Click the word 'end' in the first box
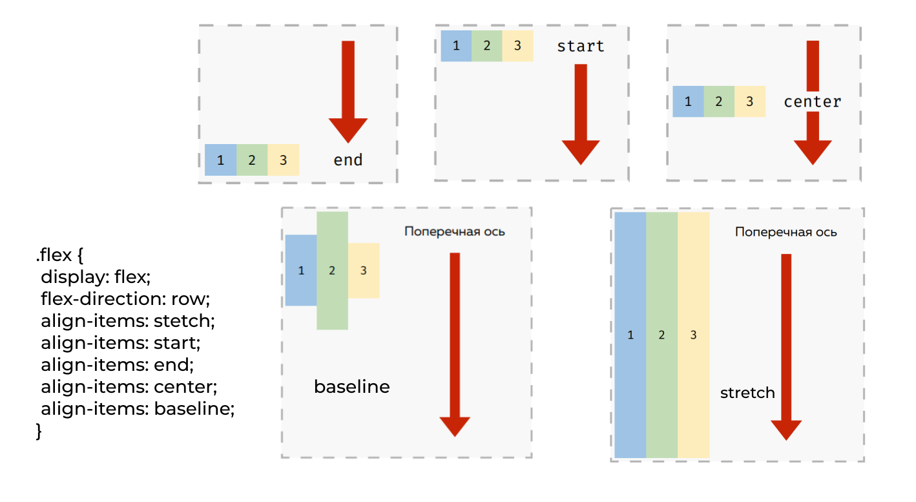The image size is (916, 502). coord(348,160)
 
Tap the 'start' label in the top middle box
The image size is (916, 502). coord(580,46)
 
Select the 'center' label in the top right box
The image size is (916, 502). coord(812,101)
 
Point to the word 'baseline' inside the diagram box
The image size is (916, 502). coord(352,387)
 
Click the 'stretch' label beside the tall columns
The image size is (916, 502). coord(747,392)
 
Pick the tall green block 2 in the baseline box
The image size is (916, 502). coord(332,271)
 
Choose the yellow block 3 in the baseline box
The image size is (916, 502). coord(364,271)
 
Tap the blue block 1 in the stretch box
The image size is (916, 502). coord(630,335)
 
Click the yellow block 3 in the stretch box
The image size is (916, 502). coord(693,335)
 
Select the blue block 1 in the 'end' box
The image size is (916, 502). coord(220,160)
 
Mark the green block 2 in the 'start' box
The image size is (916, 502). coord(487,46)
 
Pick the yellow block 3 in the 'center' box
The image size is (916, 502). coord(749,101)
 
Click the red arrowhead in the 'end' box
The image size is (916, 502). coord(348,130)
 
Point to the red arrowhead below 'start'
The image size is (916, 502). coord(581,152)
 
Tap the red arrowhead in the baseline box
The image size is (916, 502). coord(455,426)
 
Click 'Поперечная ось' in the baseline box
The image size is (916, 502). coord(455,231)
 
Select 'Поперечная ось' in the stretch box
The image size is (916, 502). coord(786,232)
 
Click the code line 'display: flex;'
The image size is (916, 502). coord(96,277)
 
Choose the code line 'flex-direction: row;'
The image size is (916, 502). coord(126,299)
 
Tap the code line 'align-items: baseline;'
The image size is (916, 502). coord(137,409)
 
